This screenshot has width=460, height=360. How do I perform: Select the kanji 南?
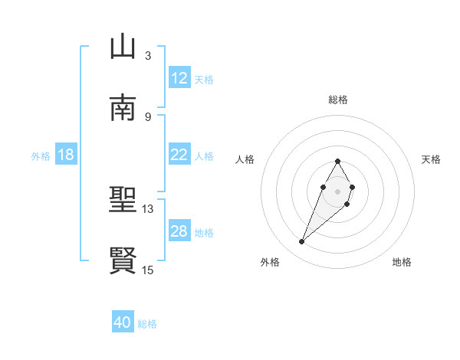[x=123, y=108]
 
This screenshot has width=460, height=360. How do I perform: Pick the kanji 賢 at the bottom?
[x=123, y=261]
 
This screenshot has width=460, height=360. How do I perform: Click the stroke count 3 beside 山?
[x=148, y=55]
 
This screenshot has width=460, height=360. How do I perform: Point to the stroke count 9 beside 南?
[x=148, y=116]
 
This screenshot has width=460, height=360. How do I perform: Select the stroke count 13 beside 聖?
[x=148, y=208]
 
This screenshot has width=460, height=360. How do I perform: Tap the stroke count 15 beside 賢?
[x=148, y=270]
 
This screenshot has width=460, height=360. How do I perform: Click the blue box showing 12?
[x=179, y=78]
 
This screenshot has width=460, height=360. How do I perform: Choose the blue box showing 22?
[x=179, y=155]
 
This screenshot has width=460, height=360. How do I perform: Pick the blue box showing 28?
[x=179, y=231]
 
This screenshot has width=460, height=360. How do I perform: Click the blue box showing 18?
[x=66, y=155]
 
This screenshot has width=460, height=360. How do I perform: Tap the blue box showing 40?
[x=123, y=322]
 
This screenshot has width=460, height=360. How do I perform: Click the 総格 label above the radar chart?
[x=337, y=100]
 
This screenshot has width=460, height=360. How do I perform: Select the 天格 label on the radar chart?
[x=431, y=159]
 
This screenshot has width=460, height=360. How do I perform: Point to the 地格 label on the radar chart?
[x=402, y=262]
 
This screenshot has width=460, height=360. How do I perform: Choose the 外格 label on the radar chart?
[x=270, y=262]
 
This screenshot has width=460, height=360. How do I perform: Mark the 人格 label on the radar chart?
[x=245, y=159]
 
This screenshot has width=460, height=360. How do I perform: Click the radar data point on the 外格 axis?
[x=302, y=242]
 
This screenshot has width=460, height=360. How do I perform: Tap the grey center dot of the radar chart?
[x=337, y=190]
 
